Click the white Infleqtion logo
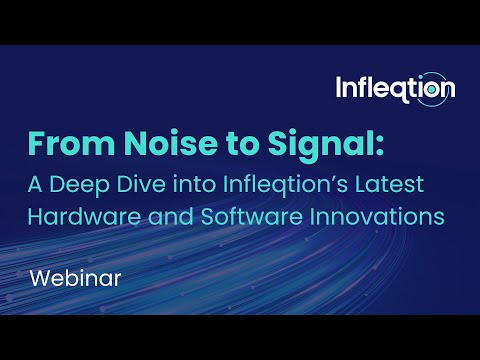(395, 88)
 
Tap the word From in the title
(68, 145)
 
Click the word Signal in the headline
(317, 145)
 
